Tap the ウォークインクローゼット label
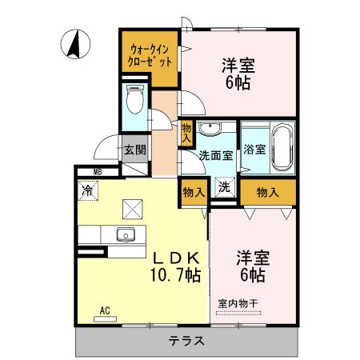pos(150,55)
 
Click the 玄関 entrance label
pos(134,149)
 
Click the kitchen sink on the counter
pos(125,235)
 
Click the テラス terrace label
pos(186,340)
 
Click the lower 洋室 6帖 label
pos(252,266)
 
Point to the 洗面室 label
pos(216,155)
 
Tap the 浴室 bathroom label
pos(255,149)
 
